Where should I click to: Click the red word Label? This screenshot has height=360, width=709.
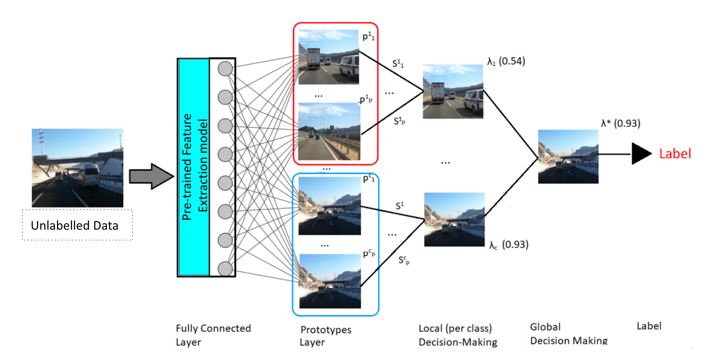point(675,154)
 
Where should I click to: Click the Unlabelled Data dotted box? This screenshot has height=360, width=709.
point(77,225)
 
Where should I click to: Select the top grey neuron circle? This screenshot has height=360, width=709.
point(225,69)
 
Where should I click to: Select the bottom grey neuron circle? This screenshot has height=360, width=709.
point(225,268)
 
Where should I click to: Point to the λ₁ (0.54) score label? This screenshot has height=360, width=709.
point(506,62)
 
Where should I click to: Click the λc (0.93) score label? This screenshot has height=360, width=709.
point(508,245)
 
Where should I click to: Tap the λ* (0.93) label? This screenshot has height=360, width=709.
point(620,124)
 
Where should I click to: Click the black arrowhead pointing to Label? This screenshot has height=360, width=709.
point(641,154)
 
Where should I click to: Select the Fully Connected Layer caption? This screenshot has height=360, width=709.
point(213,335)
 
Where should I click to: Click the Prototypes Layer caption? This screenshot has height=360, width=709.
point(325,335)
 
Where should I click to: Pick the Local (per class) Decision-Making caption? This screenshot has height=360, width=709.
point(457,335)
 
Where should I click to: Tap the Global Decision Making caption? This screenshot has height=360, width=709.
point(569,334)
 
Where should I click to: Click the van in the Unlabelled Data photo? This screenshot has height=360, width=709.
point(89,174)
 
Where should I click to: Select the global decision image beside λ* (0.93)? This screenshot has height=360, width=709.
point(568,157)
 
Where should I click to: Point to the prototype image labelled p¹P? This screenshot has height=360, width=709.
point(329,132)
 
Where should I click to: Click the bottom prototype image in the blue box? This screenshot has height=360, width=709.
point(330,281)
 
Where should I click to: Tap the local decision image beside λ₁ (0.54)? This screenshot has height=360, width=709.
point(453,91)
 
